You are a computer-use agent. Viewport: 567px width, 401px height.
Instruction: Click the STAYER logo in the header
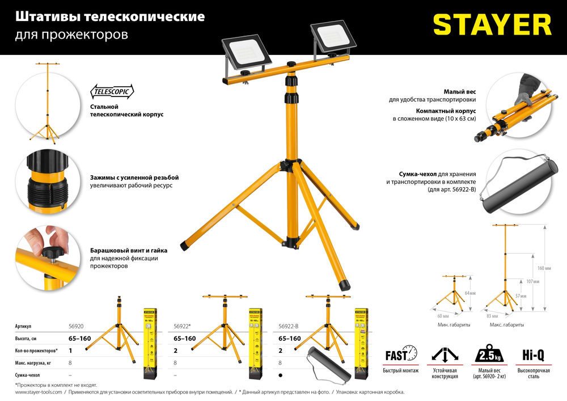tap(492, 26)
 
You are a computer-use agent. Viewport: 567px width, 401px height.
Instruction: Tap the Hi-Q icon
tap(532, 356)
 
